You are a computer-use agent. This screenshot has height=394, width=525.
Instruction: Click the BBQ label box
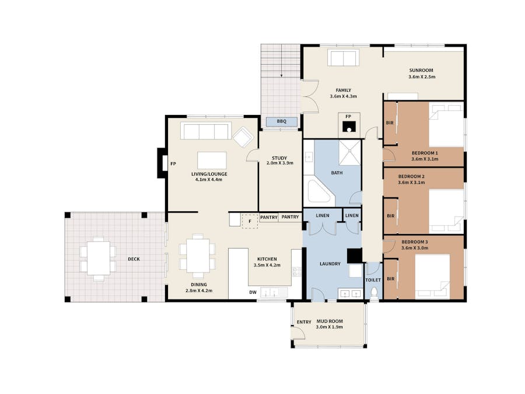pyautogui.click(x=282, y=121)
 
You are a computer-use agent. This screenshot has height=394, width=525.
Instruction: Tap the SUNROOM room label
pyautogui.click(x=421, y=71)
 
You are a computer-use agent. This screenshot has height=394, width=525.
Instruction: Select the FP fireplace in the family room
pyautogui.click(x=349, y=125)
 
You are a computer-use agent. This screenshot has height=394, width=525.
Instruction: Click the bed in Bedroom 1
pyautogui.click(x=446, y=125)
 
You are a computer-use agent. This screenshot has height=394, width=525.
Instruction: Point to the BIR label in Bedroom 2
pyautogui.click(x=390, y=216)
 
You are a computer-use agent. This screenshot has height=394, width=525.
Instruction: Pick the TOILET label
pyautogui.click(x=373, y=280)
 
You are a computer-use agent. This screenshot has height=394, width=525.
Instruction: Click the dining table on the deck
pyautogui.click(x=99, y=259)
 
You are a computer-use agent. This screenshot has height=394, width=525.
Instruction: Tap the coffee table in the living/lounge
pyautogui.click(x=212, y=161)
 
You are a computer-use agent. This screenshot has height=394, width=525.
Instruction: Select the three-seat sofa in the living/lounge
pyautogui.click(x=206, y=131)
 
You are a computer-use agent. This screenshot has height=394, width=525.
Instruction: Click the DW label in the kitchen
pyautogui.click(x=253, y=292)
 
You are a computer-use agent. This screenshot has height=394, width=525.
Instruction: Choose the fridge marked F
pyautogui.click(x=250, y=221)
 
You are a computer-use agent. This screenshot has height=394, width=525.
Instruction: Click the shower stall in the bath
pyautogui.click(x=350, y=152)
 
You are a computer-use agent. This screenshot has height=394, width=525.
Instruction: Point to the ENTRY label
pyautogui.click(x=304, y=322)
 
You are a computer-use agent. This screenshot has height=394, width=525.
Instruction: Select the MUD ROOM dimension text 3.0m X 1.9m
pyautogui.click(x=329, y=327)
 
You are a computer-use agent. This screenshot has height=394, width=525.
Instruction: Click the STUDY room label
pyautogui.click(x=279, y=158)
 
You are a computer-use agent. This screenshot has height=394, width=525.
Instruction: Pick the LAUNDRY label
pyautogui.click(x=330, y=264)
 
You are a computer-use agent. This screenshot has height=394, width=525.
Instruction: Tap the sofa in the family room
pyautogui.click(x=343, y=58)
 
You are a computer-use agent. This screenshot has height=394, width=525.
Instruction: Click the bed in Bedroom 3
pyautogui.click(x=433, y=277)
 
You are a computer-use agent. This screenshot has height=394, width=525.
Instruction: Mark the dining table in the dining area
pyautogui.click(x=198, y=255)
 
